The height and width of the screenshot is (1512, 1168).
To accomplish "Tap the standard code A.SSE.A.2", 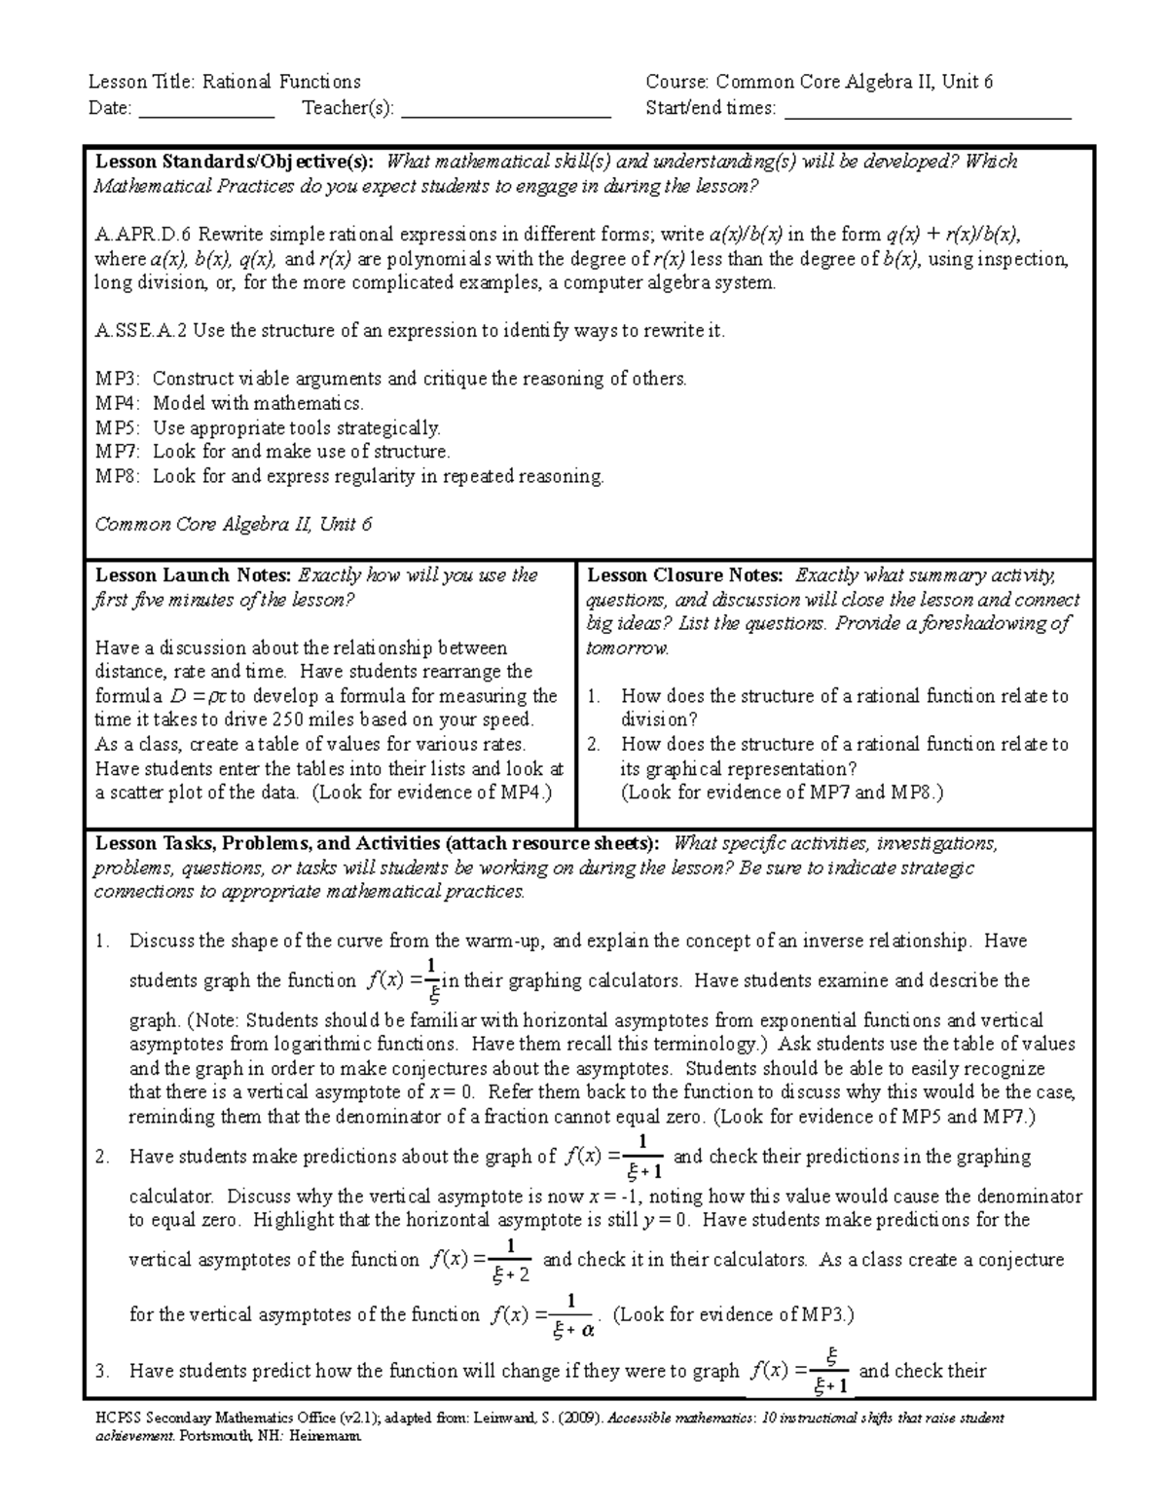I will tap(141, 331).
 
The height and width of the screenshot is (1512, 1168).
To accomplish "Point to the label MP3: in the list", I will tap(118, 380).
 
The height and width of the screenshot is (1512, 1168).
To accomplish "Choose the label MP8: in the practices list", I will tap(118, 476).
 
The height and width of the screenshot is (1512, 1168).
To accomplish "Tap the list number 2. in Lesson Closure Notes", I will tap(596, 745).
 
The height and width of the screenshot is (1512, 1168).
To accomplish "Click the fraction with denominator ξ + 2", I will tap(512, 1261).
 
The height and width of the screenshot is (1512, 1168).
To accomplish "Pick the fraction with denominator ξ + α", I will tap(571, 1316).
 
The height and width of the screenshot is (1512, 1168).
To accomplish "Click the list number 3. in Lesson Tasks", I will tap(102, 1372).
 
